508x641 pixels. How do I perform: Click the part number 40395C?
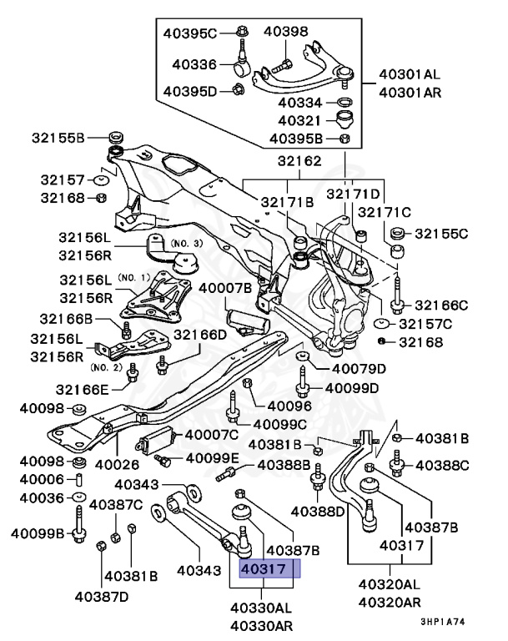(189, 33)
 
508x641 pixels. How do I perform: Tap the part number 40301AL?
(420, 73)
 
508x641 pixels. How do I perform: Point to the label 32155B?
(58, 137)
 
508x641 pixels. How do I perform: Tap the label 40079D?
(360, 368)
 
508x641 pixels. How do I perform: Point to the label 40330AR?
(261, 626)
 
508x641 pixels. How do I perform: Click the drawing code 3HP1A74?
(450, 621)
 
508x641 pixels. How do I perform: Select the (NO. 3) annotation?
(186, 242)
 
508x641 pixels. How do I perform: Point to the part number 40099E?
(212, 458)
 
